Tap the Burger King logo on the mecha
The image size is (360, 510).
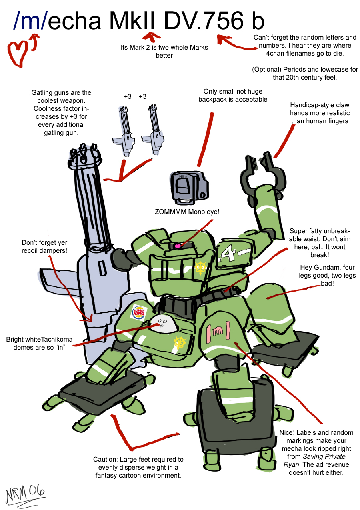tap(138, 312)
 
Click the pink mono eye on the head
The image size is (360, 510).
tap(177, 246)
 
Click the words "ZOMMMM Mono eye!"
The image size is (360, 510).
tap(187, 212)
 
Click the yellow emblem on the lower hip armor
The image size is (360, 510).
tap(180, 342)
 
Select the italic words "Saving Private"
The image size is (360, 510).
tap(324, 456)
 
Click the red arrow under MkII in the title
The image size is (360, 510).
tap(152, 37)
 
